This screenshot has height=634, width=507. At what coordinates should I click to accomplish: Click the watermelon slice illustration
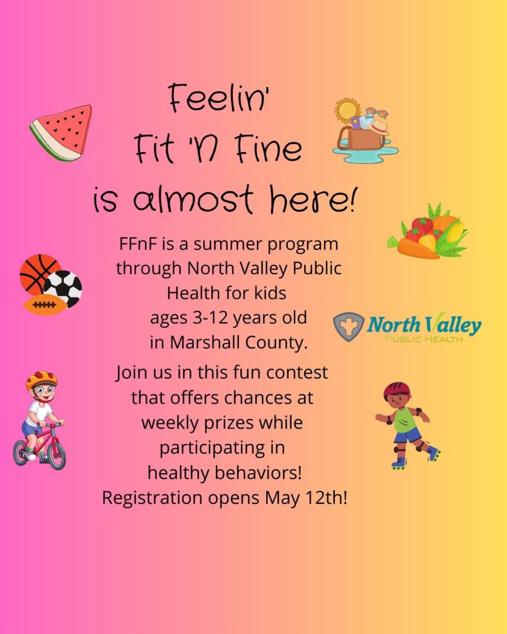61,133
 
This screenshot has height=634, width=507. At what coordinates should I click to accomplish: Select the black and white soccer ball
63,288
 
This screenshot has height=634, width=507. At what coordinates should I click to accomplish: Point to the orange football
44,305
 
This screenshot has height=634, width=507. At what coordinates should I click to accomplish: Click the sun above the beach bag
348,111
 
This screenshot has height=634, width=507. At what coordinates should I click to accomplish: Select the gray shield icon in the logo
349,327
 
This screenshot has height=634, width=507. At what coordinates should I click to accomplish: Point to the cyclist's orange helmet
41,379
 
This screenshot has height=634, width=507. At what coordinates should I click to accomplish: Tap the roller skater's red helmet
397,390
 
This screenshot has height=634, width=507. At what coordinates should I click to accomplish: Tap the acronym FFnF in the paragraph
137,244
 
